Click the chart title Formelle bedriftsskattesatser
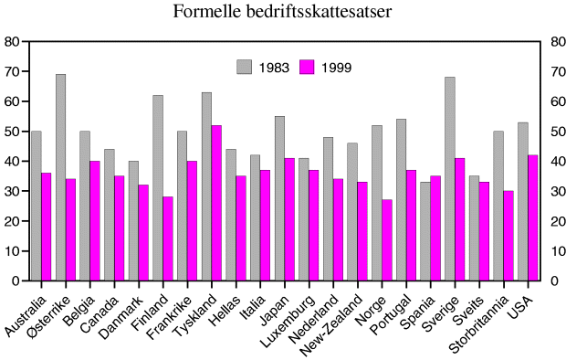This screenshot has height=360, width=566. [x=282, y=12]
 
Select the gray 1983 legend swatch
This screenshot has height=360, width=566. [x=244, y=67]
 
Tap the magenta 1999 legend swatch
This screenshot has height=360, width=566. [x=307, y=67]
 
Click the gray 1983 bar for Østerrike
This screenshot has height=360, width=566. [x=60, y=177]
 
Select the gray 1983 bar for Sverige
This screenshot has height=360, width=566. [x=450, y=179]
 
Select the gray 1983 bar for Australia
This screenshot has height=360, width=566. [x=37, y=206]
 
